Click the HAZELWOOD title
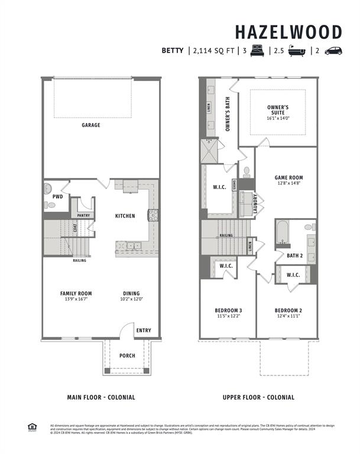point(288,31)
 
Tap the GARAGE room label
point(91,125)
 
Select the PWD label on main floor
point(57,196)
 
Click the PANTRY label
point(83,215)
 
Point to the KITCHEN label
point(125,216)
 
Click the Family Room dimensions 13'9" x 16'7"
point(76,300)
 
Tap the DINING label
point(131,293)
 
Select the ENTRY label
point(144,330)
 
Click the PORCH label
point(127,355)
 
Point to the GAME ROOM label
point(288,177)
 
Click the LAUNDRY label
point(254,203)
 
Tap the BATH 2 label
point(295,255)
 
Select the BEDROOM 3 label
point(228,310)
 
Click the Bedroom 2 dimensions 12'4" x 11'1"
point(288,316)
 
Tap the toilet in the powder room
point(51,205)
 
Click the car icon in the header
point(333,51)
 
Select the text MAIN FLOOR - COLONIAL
point(100,397)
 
